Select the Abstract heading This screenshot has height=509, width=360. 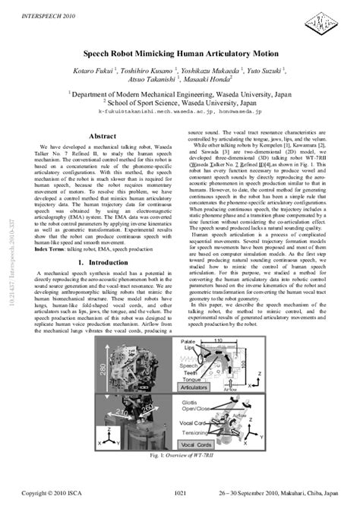[x=103, y=136]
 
